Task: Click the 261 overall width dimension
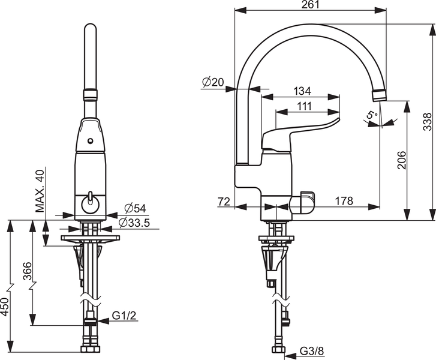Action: click(x=310, y=4)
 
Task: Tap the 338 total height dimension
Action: click(x=427, y=122)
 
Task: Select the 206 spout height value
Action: click(x=402, y=160)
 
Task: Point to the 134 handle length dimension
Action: click(x=302, y=91)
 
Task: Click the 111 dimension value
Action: click(x=304, y=106)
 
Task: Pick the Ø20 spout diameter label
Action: click(x=213, y=82)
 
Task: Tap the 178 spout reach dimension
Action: click(x=344, y=200)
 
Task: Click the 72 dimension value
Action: click(x=224, y=201)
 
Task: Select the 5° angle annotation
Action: click(x=371, y=115)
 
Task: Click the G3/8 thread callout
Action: click(x=312, y=352)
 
